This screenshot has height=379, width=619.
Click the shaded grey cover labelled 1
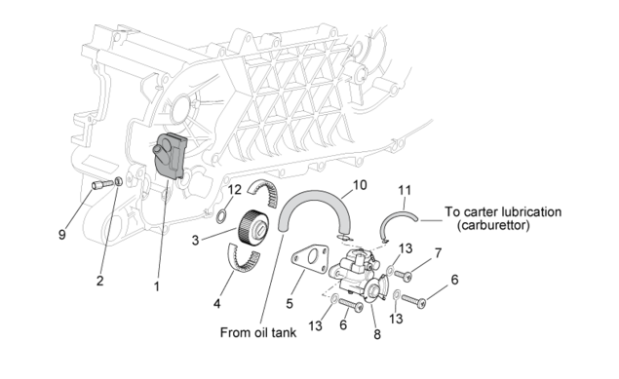(x=170, y=156)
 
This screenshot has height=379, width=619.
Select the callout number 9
(x=62, y=235)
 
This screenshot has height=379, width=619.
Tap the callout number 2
(x=99, y=281)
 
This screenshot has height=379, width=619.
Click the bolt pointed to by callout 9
(x=102, y=184)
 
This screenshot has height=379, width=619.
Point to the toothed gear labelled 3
(x=253, y=228)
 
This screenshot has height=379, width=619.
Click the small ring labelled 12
(x=221, y=215)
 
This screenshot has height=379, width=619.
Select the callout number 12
(x=234, y=190)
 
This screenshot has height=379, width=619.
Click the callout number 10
(x=360, y=185)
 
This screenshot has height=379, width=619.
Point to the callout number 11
(x=405, y=191)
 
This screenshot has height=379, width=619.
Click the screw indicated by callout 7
(x=404, y=276)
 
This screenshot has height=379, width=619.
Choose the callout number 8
(x=377, y=334)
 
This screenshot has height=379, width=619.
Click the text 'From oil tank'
(x=257, y=332)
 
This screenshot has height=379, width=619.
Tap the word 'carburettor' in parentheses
(x=493, y=225)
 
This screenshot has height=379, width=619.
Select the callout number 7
(x=438, y=253)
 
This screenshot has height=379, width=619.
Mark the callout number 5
(x=290, y=304)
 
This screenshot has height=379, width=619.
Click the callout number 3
(x=195, y=241)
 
